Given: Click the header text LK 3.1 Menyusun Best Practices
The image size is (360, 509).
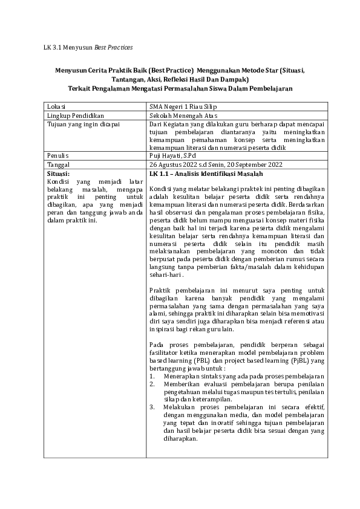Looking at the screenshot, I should click(88, 47).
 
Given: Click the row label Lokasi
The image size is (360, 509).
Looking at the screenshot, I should click(57, 107).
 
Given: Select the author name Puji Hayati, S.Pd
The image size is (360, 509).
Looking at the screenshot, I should click(176, 155).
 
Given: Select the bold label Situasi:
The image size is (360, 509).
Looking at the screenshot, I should click(59, 172).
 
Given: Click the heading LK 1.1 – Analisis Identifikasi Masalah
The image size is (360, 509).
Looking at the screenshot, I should click(203, 173).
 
